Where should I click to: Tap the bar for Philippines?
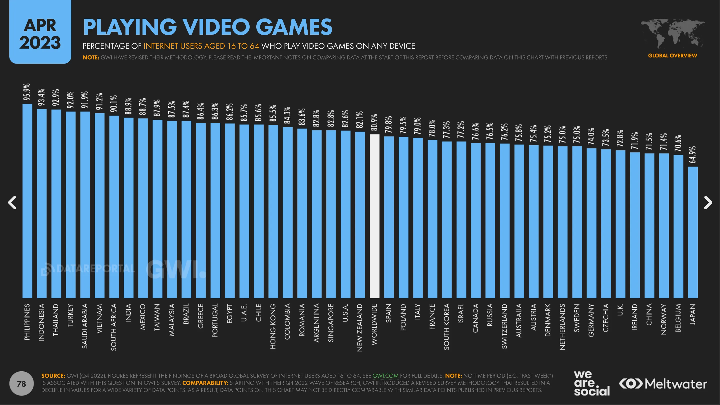click(27, 201)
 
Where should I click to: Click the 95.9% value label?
click(27, 92)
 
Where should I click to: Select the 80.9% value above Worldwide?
click(374, 122)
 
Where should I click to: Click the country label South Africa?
click(114, 327)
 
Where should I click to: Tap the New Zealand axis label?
click(360, 327)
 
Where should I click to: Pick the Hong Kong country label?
click(273, 326)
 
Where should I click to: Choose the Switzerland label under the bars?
click(504, 326)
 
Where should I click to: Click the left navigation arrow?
click(12, 202)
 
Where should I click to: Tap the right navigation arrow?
click(708, 202)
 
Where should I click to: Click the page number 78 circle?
click(22, 383)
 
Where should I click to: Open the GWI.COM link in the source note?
click(385, 376)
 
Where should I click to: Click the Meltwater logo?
click(663, 384)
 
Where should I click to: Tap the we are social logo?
click(591, 383)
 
